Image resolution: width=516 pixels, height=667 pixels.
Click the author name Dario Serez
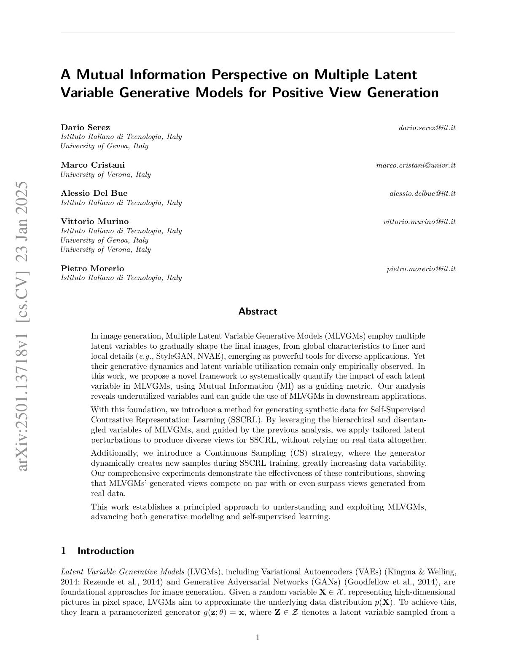pyautogui.click(x=85, y=127)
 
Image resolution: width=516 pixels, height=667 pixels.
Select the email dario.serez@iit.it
pyautogui.click(x=427, y=128)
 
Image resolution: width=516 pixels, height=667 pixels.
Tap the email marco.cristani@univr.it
pyautogui.click(x=416, y=165)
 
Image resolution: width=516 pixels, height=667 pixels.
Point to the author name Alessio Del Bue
pyautogui.click(x=94, y=193)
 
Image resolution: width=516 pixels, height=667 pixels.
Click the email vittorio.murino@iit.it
pyautogui.click(x=419, y=221)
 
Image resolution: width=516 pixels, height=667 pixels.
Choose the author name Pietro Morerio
pyautogui.click(x=92, y=268)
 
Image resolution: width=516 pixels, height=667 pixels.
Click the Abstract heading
pyautogui.click(x=258, y=311)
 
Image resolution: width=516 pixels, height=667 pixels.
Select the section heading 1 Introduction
pyautogui.click(x=97, y=551)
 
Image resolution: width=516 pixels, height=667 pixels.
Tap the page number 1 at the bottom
pyautogui.click(x=258, y=638)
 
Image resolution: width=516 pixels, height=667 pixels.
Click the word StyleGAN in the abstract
pyautogui.click(x=174, y=356)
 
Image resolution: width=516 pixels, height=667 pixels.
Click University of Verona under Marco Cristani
pyautogui.click(x=106, y=174)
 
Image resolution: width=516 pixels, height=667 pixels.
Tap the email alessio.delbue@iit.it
pyautogui.click(x=422, y=193)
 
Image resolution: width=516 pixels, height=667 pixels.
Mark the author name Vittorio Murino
pyautogui.click(x=95, y=221)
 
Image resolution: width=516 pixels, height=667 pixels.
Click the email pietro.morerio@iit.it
pyautogui.click(x=421, y=269)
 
